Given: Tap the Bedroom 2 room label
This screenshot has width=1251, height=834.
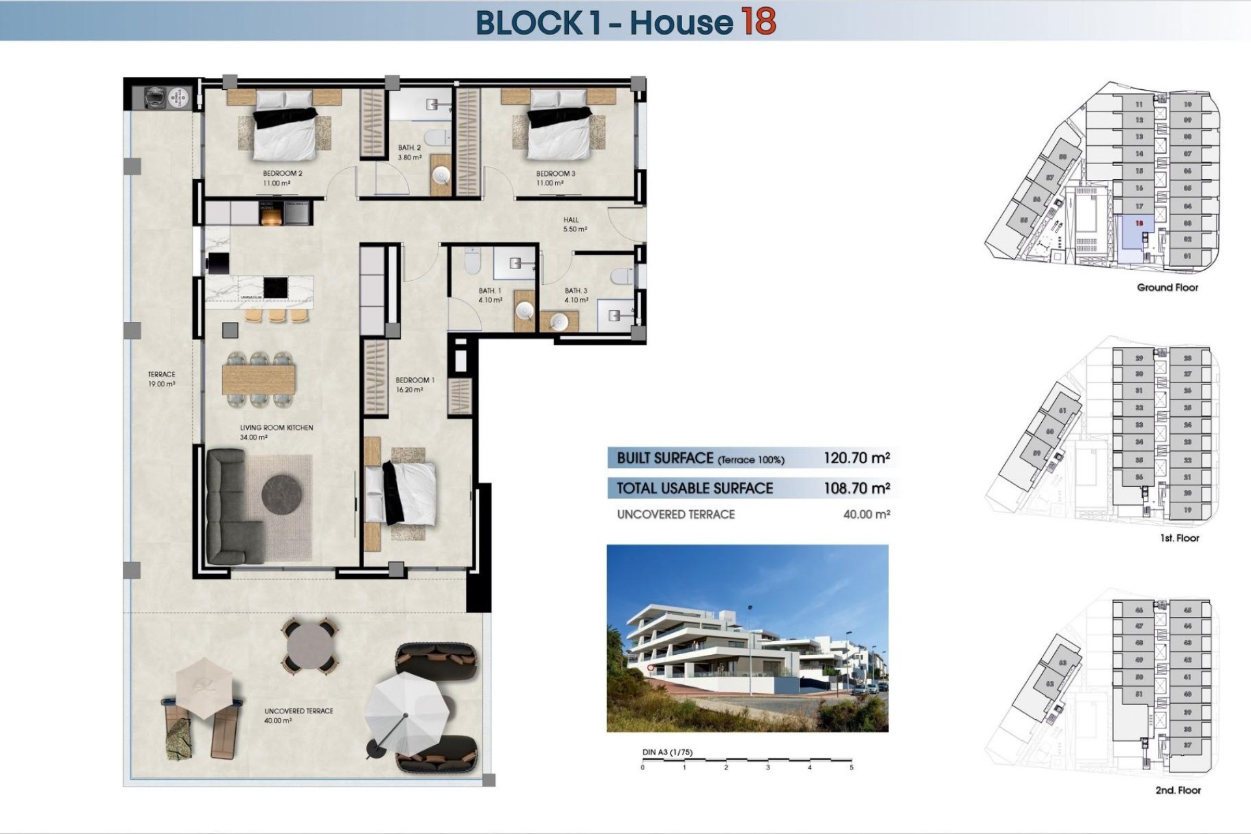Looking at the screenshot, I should (x=281, y=178).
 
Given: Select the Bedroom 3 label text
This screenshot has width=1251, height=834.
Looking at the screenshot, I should (x=555, y=178).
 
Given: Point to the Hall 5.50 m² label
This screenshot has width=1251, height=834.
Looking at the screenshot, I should (x=574, y=224).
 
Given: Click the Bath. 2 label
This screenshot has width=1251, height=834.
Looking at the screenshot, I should (x=410, y=152).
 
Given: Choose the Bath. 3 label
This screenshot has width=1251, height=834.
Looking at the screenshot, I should (x=576, y=295).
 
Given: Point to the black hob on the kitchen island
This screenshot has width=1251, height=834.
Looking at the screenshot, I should (x=276, y=287).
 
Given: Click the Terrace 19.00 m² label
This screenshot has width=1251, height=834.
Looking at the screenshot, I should (x=162, y=379).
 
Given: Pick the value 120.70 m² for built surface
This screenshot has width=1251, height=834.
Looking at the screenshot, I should (x=856, y=458).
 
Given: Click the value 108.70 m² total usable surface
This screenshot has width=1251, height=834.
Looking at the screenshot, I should (x=856, y=488).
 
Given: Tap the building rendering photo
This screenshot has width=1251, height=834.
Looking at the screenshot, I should (x=747, y=638).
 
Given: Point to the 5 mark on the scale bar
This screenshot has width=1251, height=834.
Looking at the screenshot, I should (x=851, y=768).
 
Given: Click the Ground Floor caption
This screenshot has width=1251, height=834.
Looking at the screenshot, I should (x=1167, y=287).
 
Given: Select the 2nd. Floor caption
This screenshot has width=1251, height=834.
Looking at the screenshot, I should (x=1178, y=790).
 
